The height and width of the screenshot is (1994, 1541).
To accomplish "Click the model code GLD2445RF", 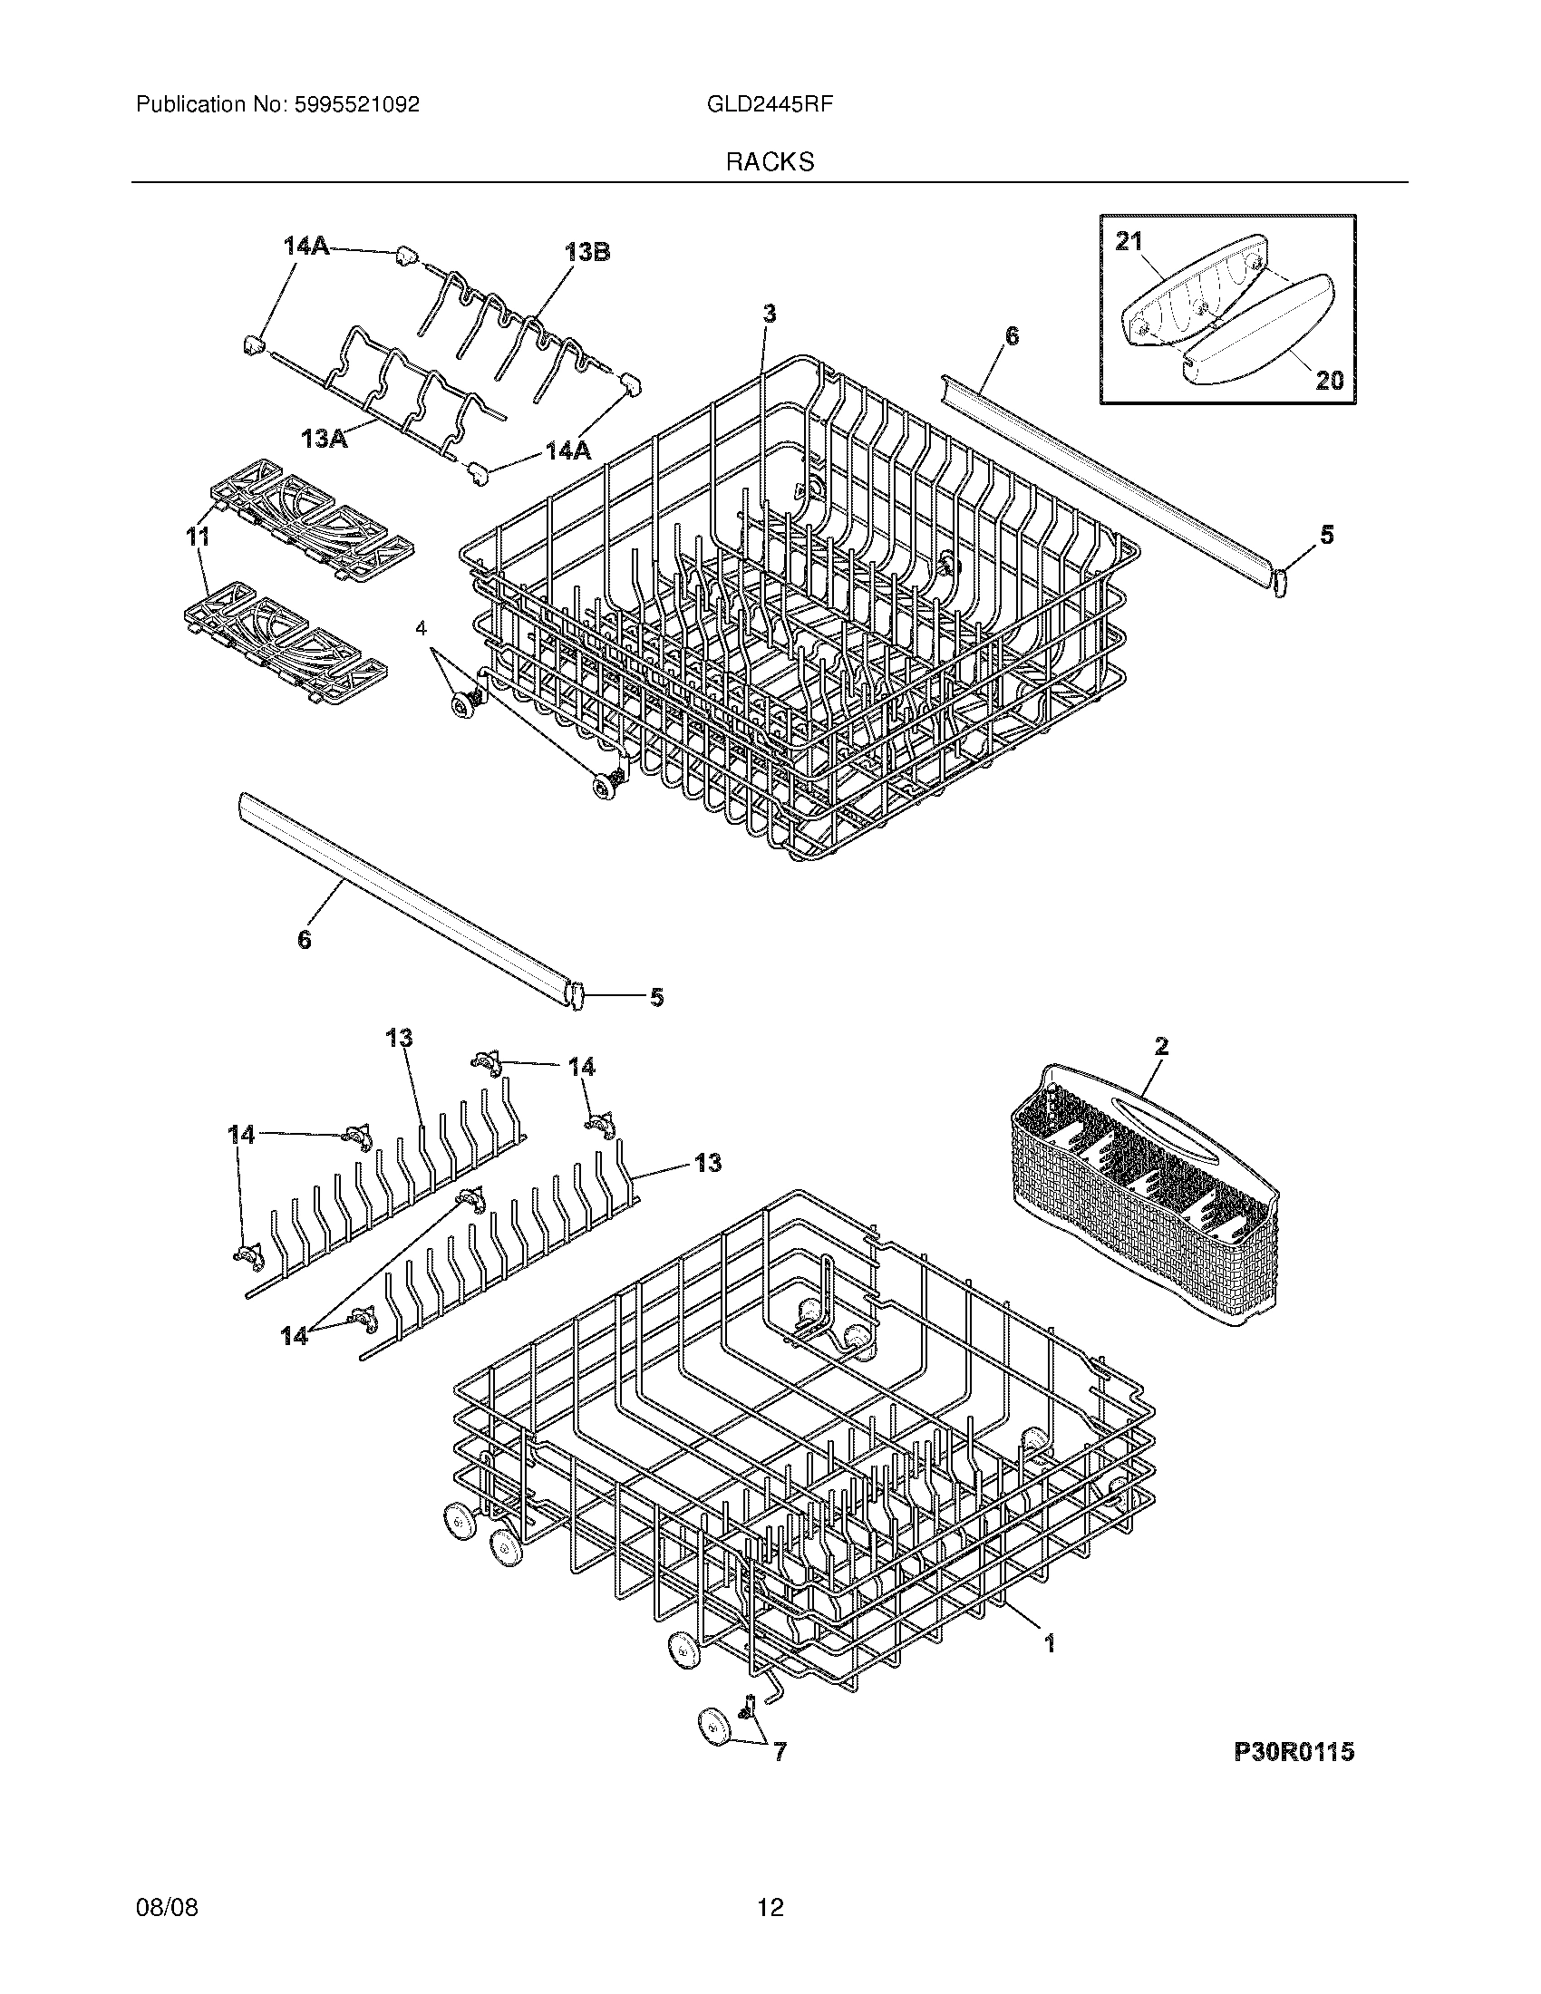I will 770,105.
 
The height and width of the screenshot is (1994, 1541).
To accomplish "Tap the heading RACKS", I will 770,162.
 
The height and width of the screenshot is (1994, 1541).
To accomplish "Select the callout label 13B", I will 587,252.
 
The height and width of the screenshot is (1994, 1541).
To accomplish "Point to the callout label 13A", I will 325,440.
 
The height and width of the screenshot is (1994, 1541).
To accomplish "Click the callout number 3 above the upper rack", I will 770,315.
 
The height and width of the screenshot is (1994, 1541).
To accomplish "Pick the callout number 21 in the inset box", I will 1129,242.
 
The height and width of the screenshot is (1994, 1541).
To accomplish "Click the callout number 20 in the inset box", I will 1329,379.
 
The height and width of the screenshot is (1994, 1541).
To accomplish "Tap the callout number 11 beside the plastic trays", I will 199,537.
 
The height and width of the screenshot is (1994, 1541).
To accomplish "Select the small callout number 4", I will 421,628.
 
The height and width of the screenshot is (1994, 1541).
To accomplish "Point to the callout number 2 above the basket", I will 1161,1046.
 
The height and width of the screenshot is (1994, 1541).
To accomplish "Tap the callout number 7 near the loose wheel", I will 780,1752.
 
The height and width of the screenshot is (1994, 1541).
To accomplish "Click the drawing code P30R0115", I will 1294,1751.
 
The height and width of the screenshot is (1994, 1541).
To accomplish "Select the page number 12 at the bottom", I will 770,1907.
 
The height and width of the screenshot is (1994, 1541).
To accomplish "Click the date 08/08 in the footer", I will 167,1907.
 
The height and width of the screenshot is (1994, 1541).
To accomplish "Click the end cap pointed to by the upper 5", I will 1280,581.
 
